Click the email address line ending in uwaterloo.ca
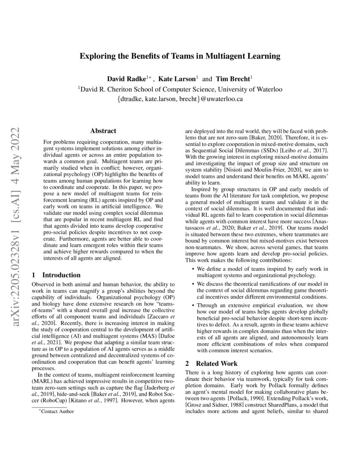[180, 100]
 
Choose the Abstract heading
[103, 131]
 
